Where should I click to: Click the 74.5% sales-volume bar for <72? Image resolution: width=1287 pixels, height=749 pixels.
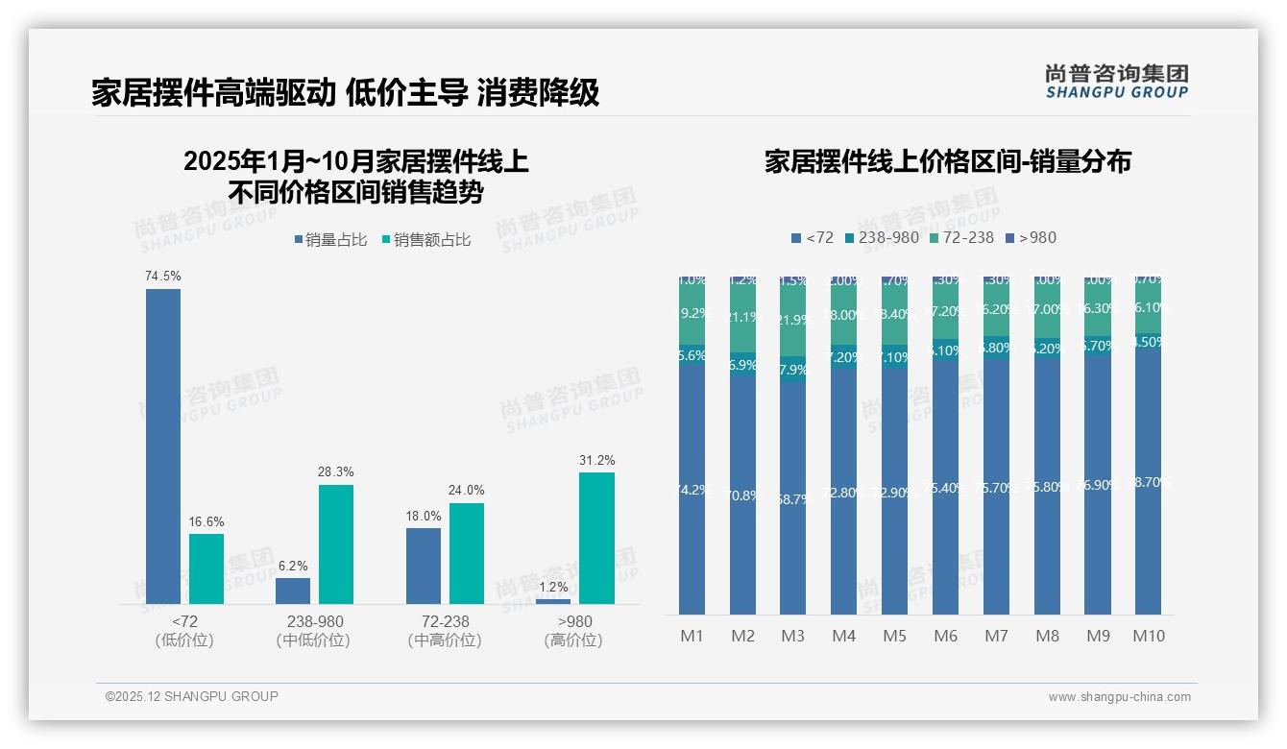[163, 447]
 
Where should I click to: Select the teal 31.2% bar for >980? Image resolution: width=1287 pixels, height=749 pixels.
[596, 538]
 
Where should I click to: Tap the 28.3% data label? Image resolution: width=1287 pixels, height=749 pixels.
[336, 471]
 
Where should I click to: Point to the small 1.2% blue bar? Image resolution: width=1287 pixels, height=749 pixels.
[553, 601]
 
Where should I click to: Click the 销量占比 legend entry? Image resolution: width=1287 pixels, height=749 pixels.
[330, 240]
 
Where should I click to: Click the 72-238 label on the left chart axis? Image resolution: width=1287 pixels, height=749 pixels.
[445, 621]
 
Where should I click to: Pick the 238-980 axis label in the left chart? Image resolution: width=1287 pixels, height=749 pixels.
[314, 621]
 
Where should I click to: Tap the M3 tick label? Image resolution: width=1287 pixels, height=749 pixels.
[792, 636]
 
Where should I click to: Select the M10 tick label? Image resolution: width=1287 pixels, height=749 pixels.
[1148, 636]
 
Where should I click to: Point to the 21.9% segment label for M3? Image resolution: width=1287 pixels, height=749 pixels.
[792, 320]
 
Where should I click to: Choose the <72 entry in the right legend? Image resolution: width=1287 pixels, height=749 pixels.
[813, 237]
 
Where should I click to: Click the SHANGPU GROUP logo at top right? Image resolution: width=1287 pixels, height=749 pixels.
[1116, 82]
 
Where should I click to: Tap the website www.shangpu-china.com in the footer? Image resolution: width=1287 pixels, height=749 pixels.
[1119, 697]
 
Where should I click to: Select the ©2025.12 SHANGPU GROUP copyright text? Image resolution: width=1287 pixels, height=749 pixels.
[192, 696]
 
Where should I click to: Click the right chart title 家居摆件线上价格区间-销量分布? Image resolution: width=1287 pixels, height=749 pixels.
[947, 161]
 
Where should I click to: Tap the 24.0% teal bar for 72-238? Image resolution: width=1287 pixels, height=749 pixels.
[467, 553]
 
